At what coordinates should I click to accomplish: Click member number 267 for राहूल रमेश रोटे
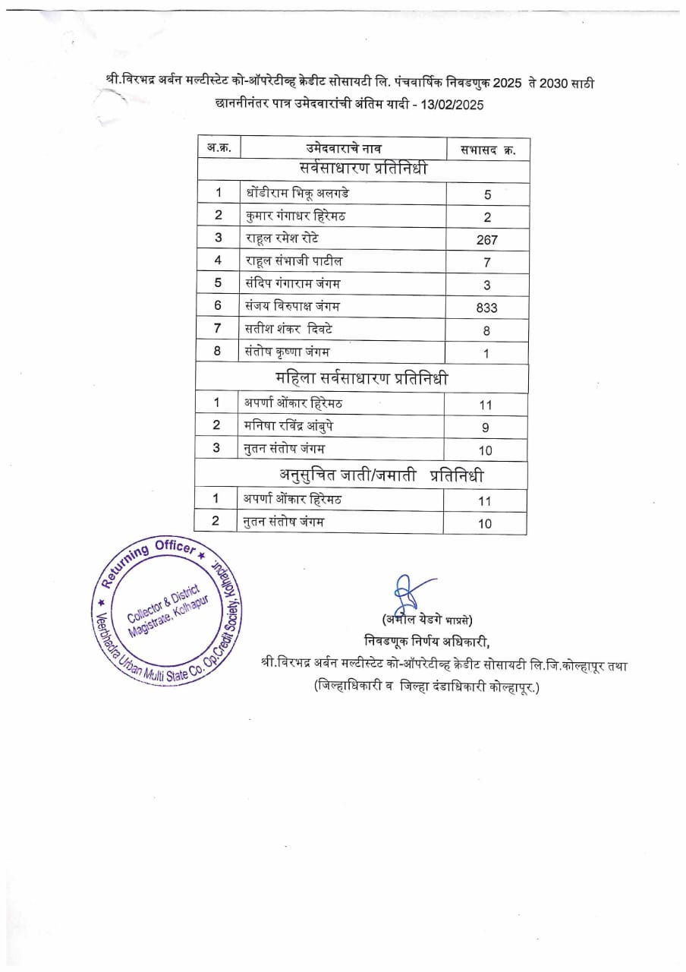(486, 239)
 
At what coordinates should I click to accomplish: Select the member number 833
(486, 307)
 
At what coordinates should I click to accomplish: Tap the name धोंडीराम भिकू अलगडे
(297, 193)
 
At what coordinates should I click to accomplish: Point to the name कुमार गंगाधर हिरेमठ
(295, 216)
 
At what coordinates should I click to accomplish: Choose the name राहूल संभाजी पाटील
(294, 261)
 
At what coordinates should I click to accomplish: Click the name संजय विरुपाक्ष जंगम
(293, 306)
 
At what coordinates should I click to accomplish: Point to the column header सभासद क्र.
(488, 149)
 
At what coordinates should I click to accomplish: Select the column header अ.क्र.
(219, 148)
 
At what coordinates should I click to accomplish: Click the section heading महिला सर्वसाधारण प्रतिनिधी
(361, 379)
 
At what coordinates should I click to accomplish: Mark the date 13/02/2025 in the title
(448, 104)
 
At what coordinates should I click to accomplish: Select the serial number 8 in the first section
(218, 352)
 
